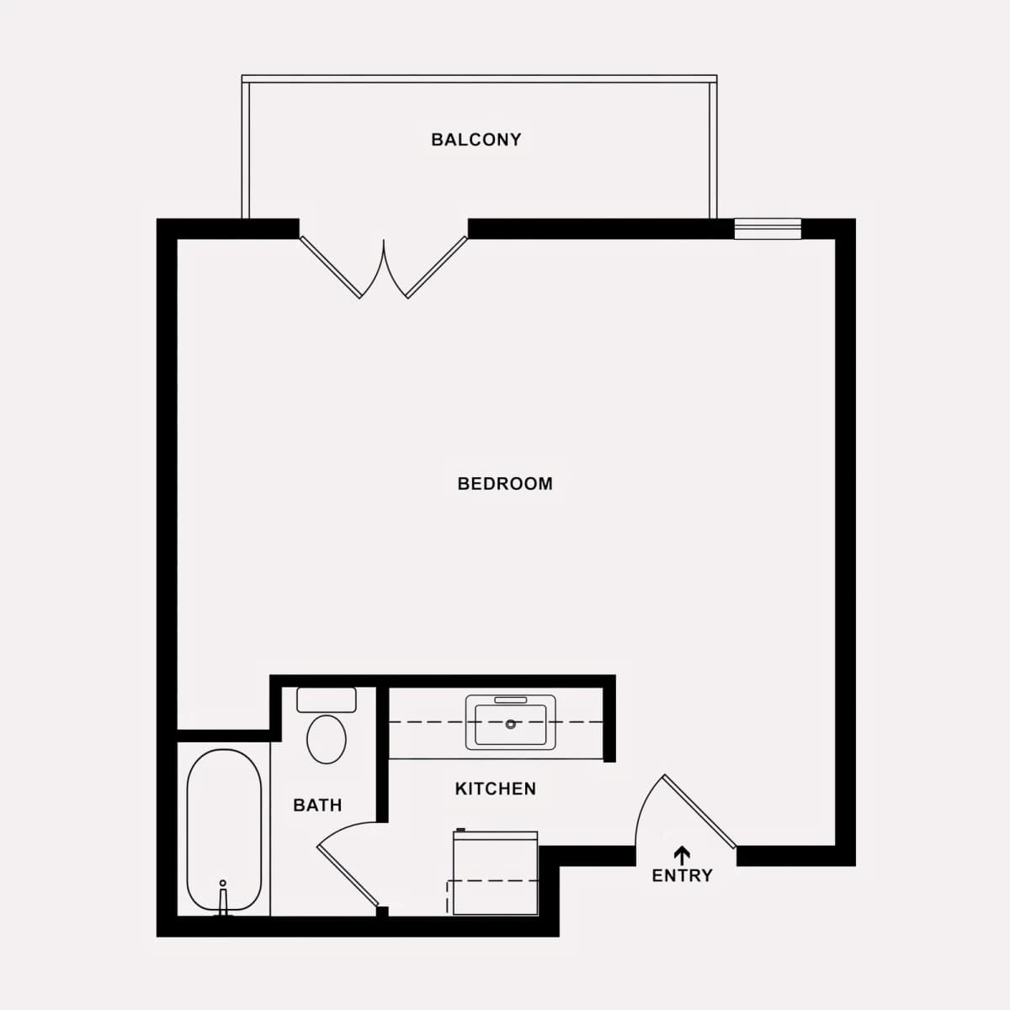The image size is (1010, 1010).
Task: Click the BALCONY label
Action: (476, 140)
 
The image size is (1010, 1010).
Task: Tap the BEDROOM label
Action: (505, 483)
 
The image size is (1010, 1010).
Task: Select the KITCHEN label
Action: (495, 789)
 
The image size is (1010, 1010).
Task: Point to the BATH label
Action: (317, 805)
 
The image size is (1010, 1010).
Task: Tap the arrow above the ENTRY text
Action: (682, 855)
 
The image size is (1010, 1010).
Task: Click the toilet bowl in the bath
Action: (326, 739)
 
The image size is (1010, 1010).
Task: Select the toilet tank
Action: (327, 699)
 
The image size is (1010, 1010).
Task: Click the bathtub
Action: (224, 830)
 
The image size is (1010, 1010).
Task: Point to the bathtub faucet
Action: (223, 900)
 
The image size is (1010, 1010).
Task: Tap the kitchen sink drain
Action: (511, 725)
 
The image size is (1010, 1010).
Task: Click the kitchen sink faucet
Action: (511, 699)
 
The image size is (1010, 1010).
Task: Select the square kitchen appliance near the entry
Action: (495, 873)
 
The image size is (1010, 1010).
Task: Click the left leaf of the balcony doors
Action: (330, 268)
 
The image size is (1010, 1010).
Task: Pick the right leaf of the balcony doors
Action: (437, 268)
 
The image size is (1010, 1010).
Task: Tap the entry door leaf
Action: (699, 811)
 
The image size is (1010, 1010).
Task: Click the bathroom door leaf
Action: (348, 875)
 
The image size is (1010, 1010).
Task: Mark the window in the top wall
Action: (768, 229)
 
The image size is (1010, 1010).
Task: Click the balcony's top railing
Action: (479, 78)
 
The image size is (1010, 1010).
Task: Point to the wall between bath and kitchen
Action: (383, 755)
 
